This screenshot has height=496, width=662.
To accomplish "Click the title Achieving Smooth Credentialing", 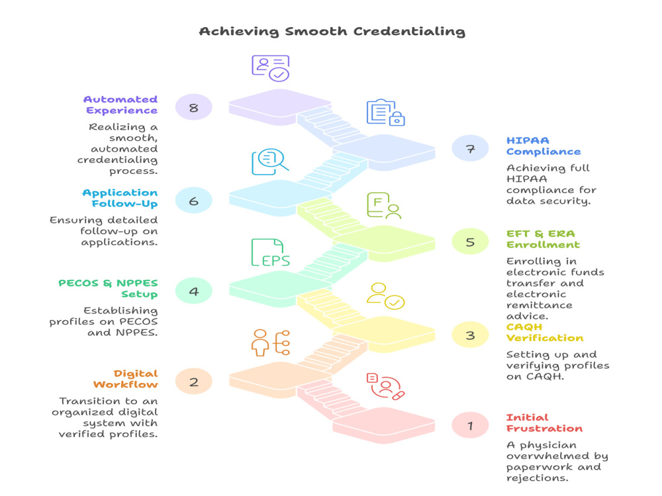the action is tap(332, 32).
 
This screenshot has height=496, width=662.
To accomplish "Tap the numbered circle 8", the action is tap(194, 108).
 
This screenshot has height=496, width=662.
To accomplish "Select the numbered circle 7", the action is tap(470, 148).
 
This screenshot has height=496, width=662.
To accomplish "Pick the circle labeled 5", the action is tap(470, 241).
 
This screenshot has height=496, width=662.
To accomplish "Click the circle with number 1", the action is tap(470, 425).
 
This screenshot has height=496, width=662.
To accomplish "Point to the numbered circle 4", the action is tap(194, 291).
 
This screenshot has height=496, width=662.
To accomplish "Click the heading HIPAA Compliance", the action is tap(544, 146).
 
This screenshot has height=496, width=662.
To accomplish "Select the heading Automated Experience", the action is tap(120, 104).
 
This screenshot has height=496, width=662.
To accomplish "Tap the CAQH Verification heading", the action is tap(545, 333).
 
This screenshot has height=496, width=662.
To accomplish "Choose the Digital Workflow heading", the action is tap(125, 379).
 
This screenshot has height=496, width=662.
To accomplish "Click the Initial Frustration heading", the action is tap(544, 423).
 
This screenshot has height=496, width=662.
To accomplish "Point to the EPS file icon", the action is tap(270, 253).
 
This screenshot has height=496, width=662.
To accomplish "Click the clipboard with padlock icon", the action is tap(385, 112).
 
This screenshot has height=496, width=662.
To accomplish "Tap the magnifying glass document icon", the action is tap(270, 161).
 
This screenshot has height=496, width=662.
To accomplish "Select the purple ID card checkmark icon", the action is tap(271, 68).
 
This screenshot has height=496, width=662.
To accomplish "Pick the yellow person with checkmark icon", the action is tap(385, 296).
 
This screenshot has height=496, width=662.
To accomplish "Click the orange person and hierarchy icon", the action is tap(271, 343).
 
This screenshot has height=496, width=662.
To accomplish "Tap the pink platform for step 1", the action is tap(383, 425).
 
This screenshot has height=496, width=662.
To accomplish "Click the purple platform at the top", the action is tap(280, 106).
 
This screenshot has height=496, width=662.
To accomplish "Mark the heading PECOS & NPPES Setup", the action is tap(108, 288).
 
